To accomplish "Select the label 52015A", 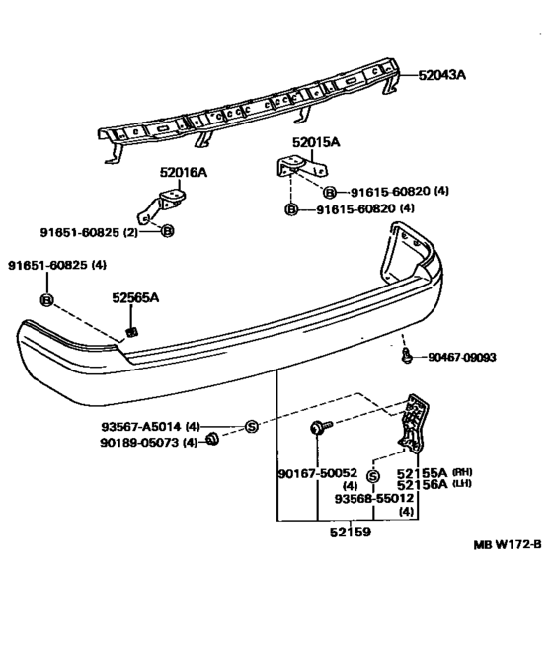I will (x=315, y=143).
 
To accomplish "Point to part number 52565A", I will (x=134, y=296).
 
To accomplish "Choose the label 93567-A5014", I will (x=149, y=427).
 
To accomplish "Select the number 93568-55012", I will (x=373, y=499).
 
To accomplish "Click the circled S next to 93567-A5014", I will (x=252, y=427).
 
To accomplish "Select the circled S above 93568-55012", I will (x=373, y=476).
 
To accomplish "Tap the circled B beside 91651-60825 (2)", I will (x=168, y=231).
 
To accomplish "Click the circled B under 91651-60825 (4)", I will (x=46, y=299).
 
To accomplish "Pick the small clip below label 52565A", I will (x=131, y=331).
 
